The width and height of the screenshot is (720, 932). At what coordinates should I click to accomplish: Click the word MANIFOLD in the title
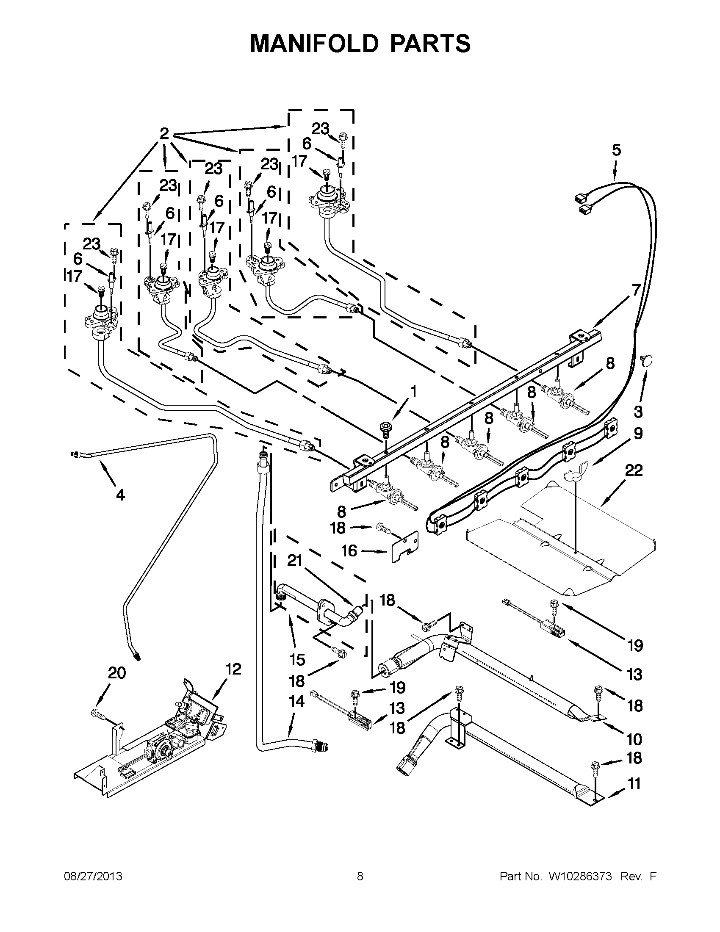pos(314,44)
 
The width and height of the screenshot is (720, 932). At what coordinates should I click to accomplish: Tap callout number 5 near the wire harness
pos(616,150)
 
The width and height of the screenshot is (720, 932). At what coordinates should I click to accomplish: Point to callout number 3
pos(638,412)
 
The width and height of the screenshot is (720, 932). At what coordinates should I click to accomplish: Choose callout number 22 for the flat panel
pos(634,470)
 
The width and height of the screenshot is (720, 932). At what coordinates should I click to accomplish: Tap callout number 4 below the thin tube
pos(120,495)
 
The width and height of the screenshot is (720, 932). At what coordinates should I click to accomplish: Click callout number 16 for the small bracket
pos(349,551)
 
